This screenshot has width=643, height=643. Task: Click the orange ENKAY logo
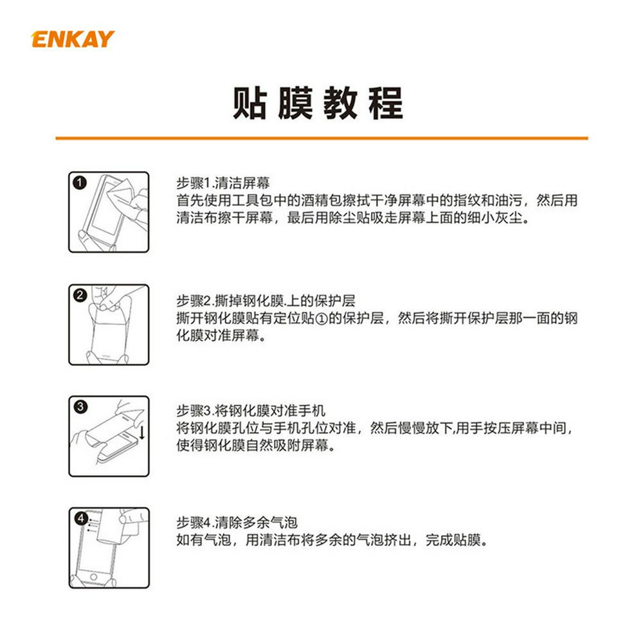click(x=73, y=39)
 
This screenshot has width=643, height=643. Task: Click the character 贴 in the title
click(x=249, y=103)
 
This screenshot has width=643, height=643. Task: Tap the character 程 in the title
click(x=386, y=103)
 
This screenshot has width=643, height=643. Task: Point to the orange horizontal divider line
click(x=321, y=138)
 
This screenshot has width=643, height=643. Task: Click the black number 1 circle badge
click(x=80, y=183)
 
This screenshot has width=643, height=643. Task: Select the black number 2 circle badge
click(x=80, y=295)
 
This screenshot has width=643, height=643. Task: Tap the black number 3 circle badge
click(x=80, y=406)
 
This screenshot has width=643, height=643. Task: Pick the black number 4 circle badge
click(x=81, y=518)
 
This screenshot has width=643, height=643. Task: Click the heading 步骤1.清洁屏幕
click(x=223, y=183)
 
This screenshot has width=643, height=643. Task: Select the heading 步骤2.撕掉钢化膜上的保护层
click(x=266, y=300)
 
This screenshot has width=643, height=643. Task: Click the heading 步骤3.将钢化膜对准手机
click(x=251, y=410)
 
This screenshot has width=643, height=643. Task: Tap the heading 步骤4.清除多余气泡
click(x=237, y=522)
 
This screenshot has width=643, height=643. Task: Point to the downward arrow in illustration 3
click(x=142, y=433)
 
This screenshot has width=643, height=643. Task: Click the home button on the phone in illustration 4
click(x=93, y=577)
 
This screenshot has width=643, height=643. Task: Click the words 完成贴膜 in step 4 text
click(x=453, y=539)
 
